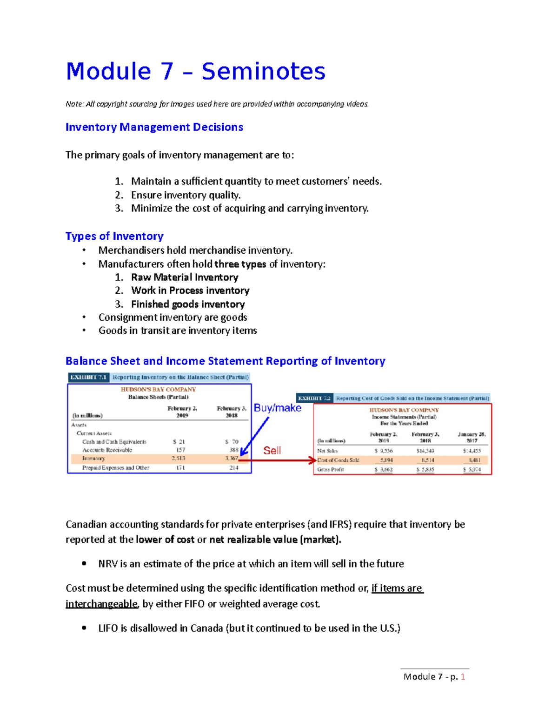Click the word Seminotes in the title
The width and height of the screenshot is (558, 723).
pyautogui.click(x=263, y=72)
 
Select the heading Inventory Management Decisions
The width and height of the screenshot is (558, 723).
pyautogui.click(x=154, y=127)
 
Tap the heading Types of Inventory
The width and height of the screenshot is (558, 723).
pyautogui.click(x=114, y=236)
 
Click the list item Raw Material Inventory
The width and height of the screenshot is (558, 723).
pyautogui.click(x=185, y=277)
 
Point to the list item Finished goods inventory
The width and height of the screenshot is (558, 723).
pyautogui.click(x=188, y=304)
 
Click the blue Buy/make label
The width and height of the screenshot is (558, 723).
pyautogui.click(x=278, y=408)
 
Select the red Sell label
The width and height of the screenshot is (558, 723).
pyautogui.click(x=272, y=450)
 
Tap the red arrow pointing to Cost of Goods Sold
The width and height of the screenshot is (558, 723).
pyautogui.click(x=279, y=460)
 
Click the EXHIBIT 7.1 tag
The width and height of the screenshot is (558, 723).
pyautogui.click(x=88, y=377)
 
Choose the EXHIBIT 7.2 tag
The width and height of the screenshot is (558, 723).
pyautogui.click(x=314, y=398)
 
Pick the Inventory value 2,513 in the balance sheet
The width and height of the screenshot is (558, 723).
pyautogui.click(x=178, y=459)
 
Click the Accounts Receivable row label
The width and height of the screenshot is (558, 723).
pyautogui.click(x=107, y=450)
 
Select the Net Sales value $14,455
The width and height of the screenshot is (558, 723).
pyautogui.click(x=472, y=451)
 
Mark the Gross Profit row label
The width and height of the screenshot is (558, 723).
pyautogui.click(x=331, y=469)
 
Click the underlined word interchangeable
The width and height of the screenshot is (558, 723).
pyautogui.click(x=102, y=604)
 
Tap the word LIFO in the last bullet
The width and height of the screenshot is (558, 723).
pyautogui.click(x=108, y=628)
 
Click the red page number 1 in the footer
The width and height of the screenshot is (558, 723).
pyautogui.click(x=463, y=676)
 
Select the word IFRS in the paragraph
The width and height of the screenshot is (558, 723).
pyautogui.click(x=341, y=524)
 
